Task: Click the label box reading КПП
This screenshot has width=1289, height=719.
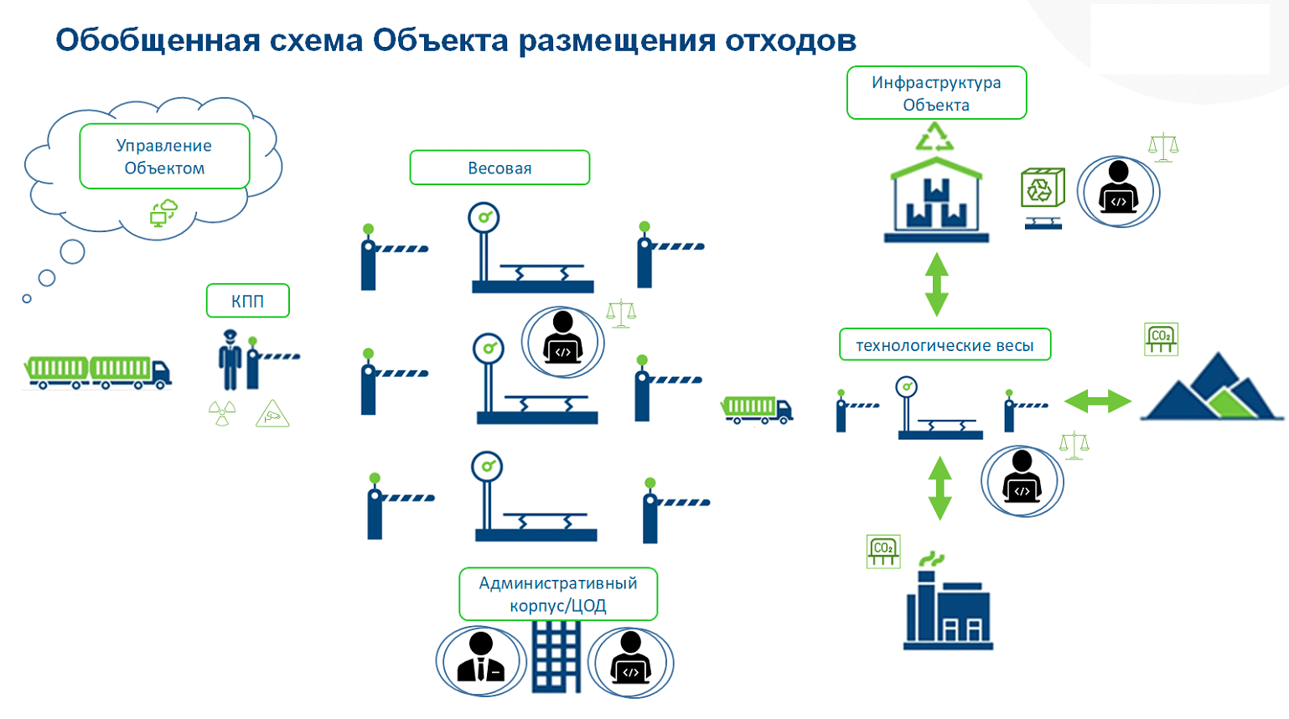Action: pos(247,301)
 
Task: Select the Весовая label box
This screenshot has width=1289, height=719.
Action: pos(500,168)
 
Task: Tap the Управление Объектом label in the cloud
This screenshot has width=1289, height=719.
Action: pos(164,157)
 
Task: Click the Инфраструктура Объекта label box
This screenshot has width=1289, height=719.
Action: pos(936,93)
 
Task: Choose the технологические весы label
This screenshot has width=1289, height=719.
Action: pos(945,345)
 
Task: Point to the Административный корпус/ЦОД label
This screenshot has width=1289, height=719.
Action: pos(558,594)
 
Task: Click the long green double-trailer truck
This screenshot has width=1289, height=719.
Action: pos(97,371)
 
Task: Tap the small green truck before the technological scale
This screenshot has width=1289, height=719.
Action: pos(756,409)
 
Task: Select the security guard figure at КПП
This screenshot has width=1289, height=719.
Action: pos(229,359)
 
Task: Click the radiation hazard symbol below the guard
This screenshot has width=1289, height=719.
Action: pos(222,413)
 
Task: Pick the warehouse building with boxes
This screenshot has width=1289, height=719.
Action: pos(936,201)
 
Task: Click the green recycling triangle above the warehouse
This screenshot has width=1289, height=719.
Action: pos(934,137)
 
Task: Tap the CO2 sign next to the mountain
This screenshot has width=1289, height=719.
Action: pos(1161,339)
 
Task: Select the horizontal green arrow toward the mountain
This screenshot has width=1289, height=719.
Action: pos(1097,401)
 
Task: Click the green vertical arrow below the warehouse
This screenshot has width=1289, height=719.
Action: pos(936,284)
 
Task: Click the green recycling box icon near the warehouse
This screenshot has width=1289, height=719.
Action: pos(1042,188)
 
